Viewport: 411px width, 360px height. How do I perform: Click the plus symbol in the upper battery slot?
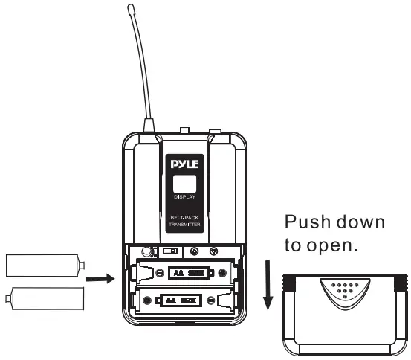pyautogui.click(x=222, y=272)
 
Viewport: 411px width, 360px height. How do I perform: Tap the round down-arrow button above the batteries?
pyautogui.click(x=214, y=252)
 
